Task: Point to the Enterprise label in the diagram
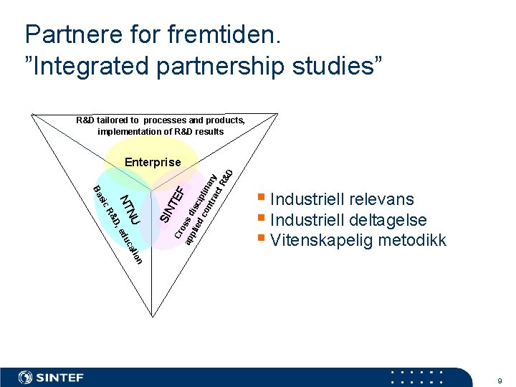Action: [x=153, y=162]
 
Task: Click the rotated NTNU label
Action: [x=130, y=206]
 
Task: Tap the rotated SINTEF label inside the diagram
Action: [x=172, y=204]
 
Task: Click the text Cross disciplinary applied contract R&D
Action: [x=204, y=208]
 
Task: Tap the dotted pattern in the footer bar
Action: [x=417, y=377]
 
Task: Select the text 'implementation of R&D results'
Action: [x=161, y=131]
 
